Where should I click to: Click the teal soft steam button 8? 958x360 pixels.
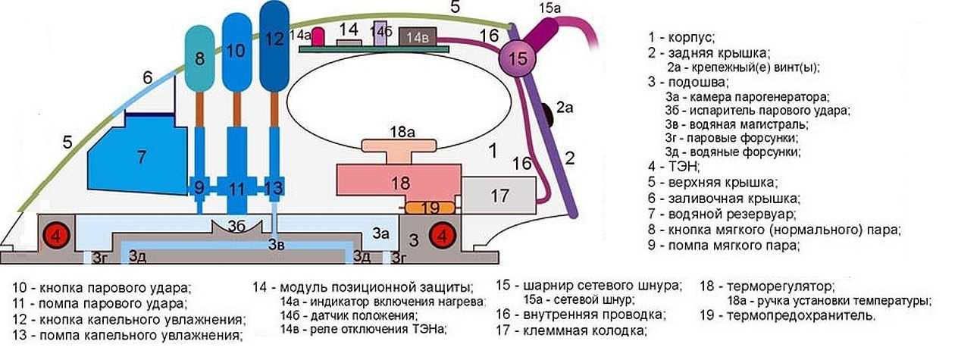tap(200, 59)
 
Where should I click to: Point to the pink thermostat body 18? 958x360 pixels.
tap(398, 184)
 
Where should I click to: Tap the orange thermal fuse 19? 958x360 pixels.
tap(429, 207)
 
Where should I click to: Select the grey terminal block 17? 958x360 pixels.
tap(498, 196)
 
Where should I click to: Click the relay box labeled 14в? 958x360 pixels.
tap(417, 37)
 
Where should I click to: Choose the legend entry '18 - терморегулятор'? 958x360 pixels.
tap(765, 288)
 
